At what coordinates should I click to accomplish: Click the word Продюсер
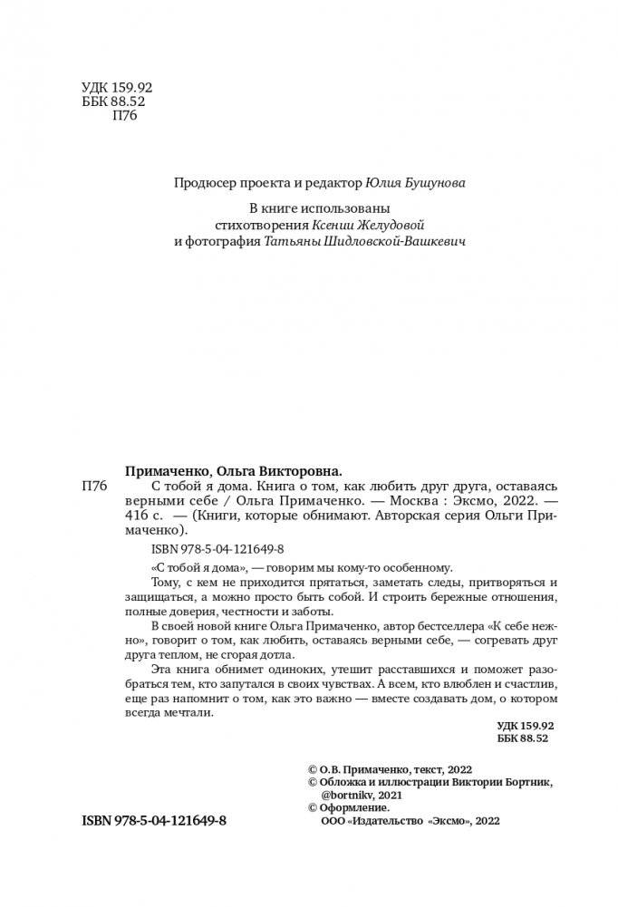click(x=206, y=183)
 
